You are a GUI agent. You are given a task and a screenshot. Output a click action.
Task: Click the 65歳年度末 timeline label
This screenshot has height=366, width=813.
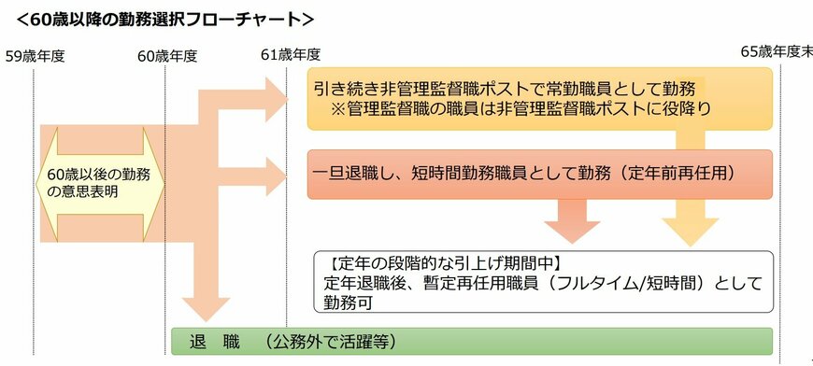pos(776,52)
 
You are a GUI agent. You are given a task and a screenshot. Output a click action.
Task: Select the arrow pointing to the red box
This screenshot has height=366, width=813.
pos(281,174)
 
